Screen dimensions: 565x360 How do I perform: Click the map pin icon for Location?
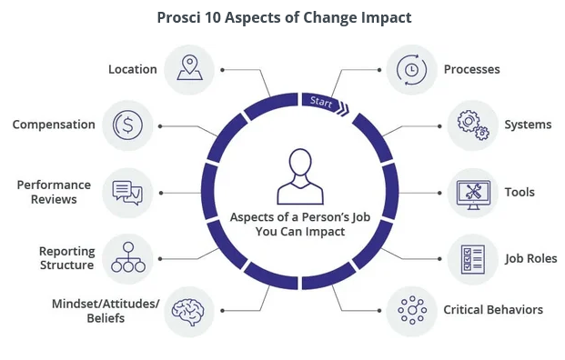click(189, 67)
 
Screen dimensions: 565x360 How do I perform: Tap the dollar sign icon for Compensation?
click(127, 125)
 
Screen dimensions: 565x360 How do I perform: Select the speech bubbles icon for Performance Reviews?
click(127, 193)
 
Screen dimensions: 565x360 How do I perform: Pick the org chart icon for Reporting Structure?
click(128, 257)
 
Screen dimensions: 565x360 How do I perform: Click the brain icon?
click(187, 312)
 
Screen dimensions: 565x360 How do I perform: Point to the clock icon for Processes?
click(411, 69)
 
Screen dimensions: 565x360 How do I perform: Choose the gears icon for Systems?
click(473, 125)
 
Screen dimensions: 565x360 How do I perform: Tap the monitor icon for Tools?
click(473, 195)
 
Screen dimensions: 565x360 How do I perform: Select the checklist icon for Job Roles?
click(473, 259)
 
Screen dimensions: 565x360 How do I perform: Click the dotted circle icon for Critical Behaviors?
click(412, 310)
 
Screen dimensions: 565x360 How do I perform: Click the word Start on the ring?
click(321, 102)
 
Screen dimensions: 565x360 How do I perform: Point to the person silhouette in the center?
click(300, 176)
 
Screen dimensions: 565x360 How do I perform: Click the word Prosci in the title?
click(178, 17)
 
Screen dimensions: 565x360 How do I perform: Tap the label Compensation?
click(54, 125)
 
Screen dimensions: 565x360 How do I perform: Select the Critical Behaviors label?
click(493, 310)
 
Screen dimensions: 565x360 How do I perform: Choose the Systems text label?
click(528, 125)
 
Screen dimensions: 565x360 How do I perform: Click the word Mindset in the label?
click(76, 304)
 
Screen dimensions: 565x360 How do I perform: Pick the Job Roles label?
click(530, 258)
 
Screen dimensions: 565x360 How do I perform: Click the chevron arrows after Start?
click(343, 109)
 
